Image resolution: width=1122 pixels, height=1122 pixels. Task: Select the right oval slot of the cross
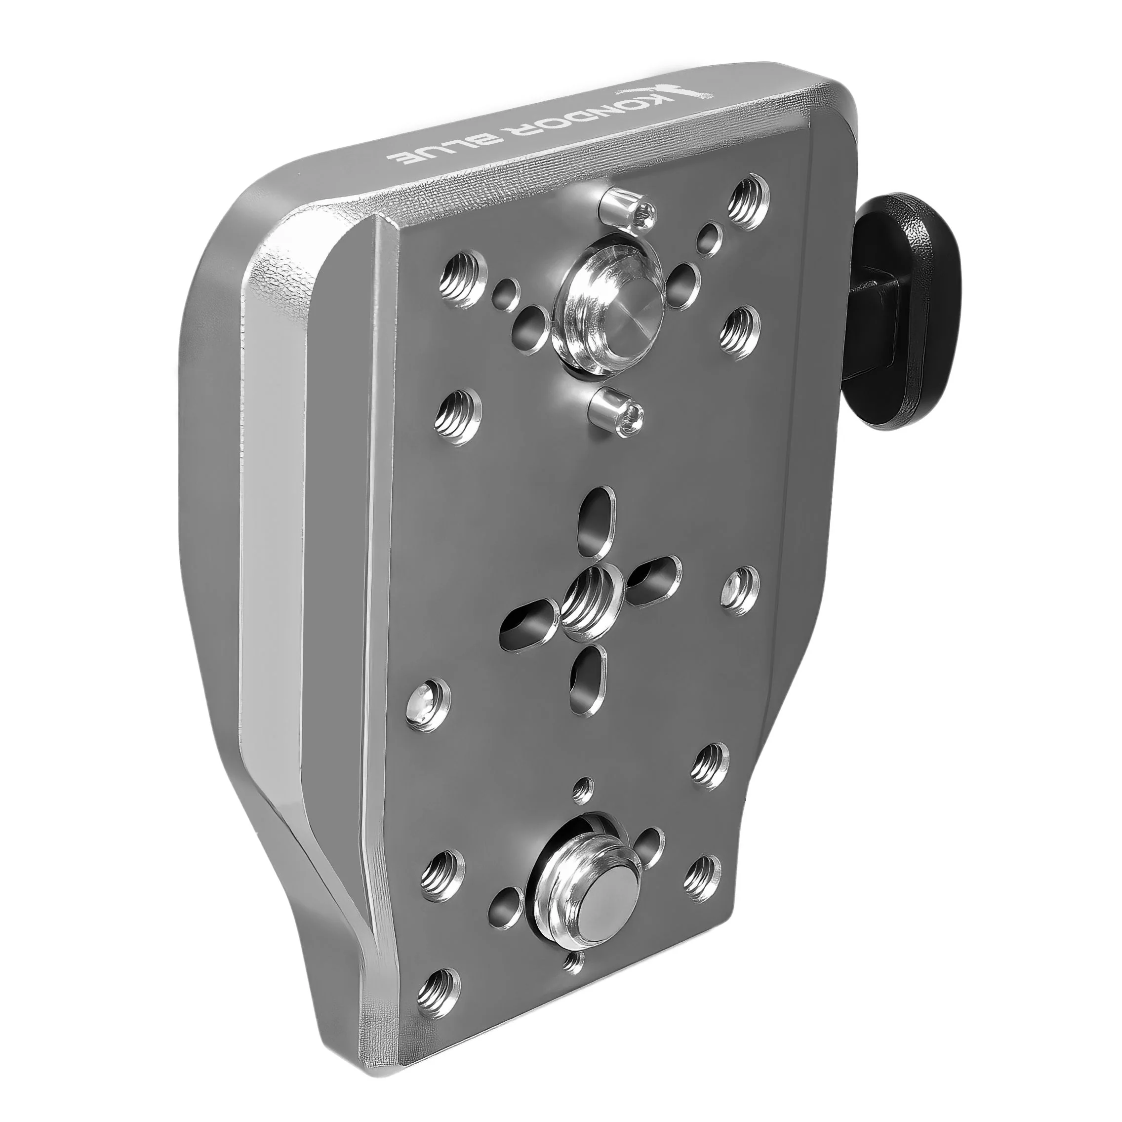[x=656, y=575]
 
